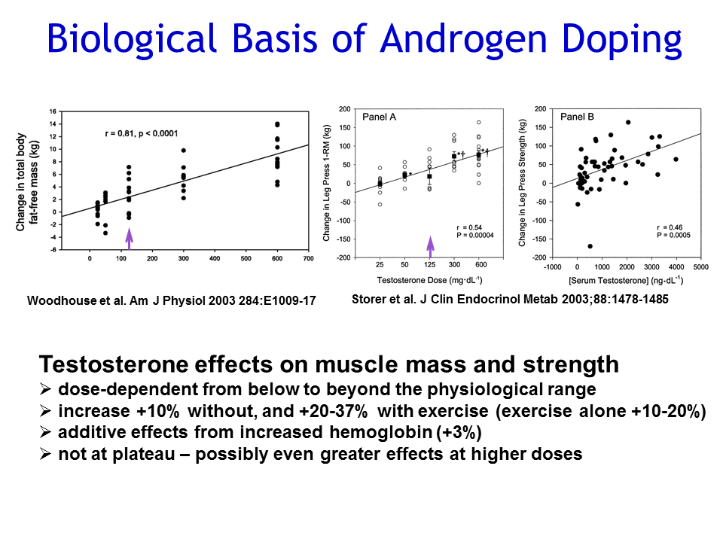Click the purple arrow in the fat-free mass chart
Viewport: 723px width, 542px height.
point(129,238)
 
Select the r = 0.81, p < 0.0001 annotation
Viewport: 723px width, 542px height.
point(152,133)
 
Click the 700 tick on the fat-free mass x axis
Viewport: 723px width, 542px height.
point(309,259)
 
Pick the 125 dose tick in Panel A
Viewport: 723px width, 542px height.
point(429,266)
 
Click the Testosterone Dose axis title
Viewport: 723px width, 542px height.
point(429,279)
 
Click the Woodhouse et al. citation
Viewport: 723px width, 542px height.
point(171,300)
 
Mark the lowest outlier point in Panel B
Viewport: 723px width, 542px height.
point(590,246)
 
